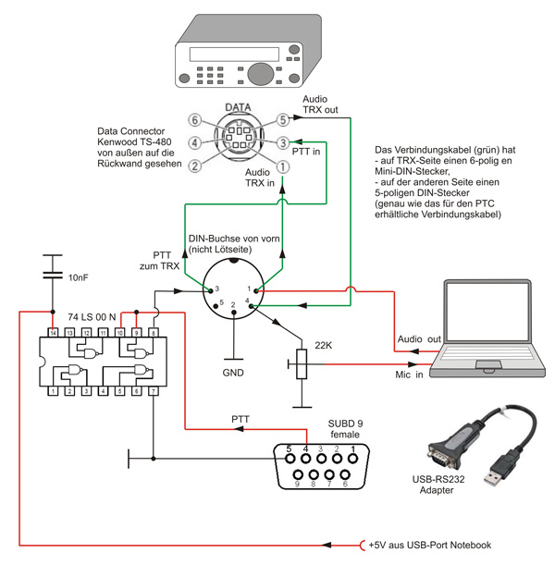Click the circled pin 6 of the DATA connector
pos(193,119)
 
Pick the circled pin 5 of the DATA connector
pos(283,120)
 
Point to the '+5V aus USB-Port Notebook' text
pos(429,545)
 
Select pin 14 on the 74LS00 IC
pos(54,331)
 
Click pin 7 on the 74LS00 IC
pos(153,392)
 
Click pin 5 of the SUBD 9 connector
pos(289,450)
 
